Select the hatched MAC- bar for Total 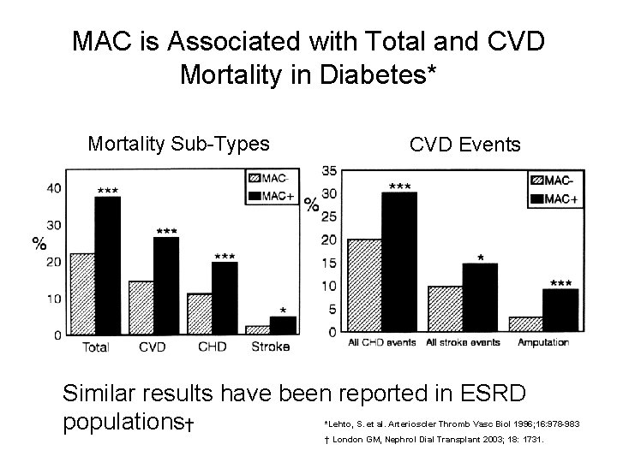coord(82,293)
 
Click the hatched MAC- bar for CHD coord(200,313)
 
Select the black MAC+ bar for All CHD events coord(399,261)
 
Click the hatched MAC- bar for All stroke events coord(445,309)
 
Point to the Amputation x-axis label coord(543,342)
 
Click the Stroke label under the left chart coord(271,347)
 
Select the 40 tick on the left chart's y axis coord(53,188)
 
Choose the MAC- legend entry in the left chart coord(267,178)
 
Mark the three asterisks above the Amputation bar coord(561,282)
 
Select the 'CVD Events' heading coord(464,145)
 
